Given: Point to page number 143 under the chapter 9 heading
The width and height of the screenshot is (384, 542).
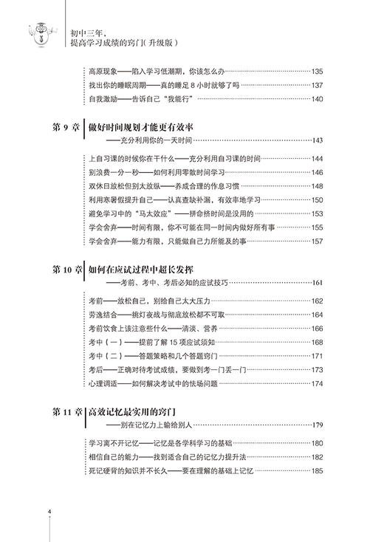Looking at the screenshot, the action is coord(318,140).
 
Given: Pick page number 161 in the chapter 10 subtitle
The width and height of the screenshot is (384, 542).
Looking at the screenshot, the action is coord(318,283).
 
